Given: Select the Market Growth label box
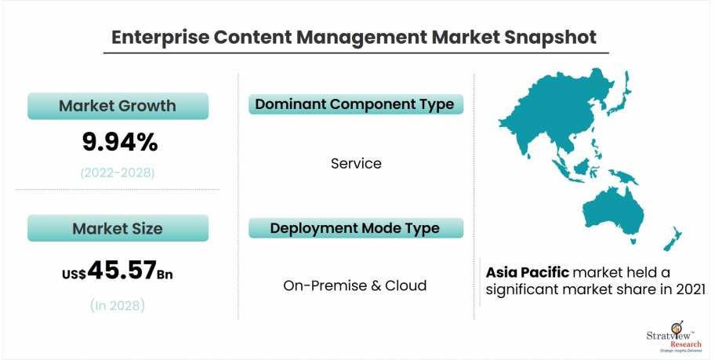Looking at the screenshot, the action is click(x=118, y=106).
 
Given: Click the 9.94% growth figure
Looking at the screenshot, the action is click(x=120, y=142).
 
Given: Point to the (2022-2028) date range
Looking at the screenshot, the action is click(x=118, y=173).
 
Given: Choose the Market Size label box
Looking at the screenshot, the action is click(x=118, y=228).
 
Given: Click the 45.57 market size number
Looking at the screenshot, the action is click(x=122, y=270).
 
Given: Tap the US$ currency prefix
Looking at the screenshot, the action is click(x=74, y=274).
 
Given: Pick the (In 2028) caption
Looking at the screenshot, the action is click(x=118, y=305).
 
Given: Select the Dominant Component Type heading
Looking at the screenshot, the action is click(x=356, y=104).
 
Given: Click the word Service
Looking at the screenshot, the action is click(x=356, y=163).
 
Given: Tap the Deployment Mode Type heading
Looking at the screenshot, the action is click(x=356, y=228).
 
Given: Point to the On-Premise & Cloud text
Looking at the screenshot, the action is click(x=355, y=285).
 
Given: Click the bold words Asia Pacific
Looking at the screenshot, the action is click(x=528, y=272).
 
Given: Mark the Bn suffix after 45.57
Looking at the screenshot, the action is click(x=165, y=275).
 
